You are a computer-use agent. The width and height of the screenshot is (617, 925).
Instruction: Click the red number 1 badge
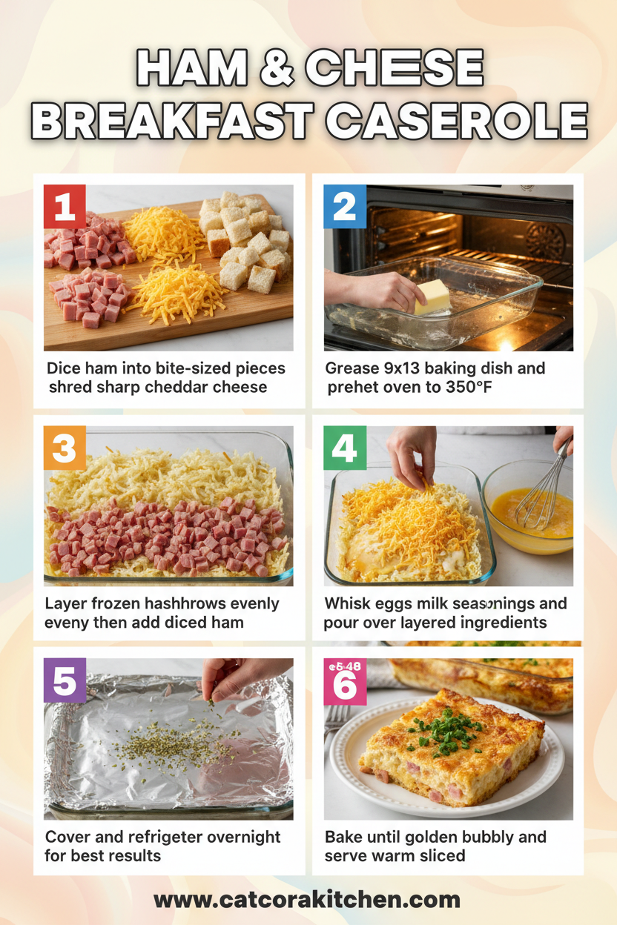(65, 205)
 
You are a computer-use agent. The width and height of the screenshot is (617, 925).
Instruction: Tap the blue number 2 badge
(345, 205)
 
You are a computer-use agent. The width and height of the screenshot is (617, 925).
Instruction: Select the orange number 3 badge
(65, 448)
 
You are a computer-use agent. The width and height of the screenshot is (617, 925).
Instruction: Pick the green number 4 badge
(345, 448)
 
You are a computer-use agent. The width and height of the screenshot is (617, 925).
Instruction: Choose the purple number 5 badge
(65, 680)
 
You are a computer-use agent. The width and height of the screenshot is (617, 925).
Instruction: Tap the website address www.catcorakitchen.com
(307, 900)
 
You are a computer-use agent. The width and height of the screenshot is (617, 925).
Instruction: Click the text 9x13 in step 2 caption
(407, 368)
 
